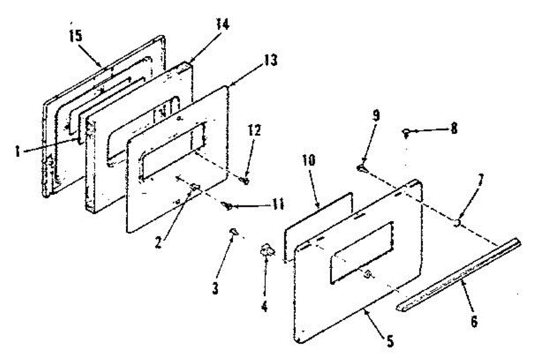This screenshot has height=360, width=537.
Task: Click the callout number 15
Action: click(76, 36)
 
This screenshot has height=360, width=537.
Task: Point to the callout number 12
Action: click(254, 131)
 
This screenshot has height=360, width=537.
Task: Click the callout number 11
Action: click(276, 204)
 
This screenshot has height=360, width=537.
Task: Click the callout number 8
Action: click(454, 128)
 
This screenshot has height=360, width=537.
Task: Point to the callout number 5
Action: click(390, 341)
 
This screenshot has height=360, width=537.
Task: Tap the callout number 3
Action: click(215, 288)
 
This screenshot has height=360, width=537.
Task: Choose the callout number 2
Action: click(158, 242)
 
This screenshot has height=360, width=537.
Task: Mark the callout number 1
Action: click(17, 151)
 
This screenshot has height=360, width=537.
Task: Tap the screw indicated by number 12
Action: click(245, 180)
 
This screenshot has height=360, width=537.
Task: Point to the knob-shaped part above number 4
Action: click(267, 251)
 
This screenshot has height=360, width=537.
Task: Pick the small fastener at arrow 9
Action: click(362, 169)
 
